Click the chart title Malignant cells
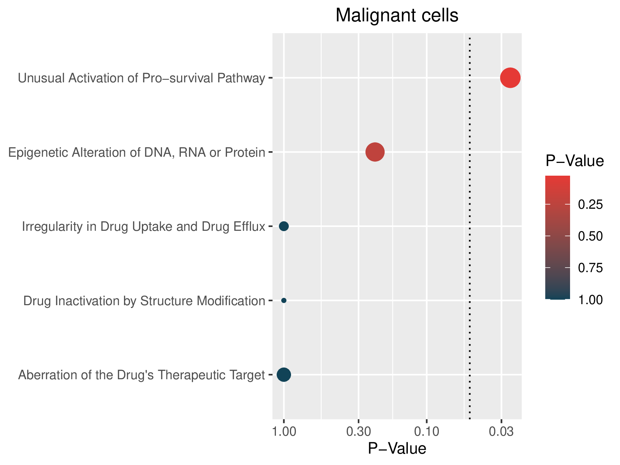(397, 16)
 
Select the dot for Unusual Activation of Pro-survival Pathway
(510, 78)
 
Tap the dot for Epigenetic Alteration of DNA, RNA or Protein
(375, 152)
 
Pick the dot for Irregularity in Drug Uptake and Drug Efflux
(284, 226)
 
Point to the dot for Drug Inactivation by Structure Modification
(284, 300)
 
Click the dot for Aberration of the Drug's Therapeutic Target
(284, 374)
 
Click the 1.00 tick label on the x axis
(284, 432)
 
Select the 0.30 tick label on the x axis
(359, 432)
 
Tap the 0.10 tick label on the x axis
(426, 432)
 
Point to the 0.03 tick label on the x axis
(501, 432)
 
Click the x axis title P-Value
(397, 449)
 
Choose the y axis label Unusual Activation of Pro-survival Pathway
(142, 79)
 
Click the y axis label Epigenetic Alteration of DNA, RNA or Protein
(137, 153)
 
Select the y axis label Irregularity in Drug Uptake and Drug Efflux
(144, 227)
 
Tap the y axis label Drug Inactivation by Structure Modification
(144, 301)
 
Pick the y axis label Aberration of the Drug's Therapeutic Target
(142, 375)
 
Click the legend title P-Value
(575, 161)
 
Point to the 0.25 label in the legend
(590, 205)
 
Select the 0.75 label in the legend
(590, 268)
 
